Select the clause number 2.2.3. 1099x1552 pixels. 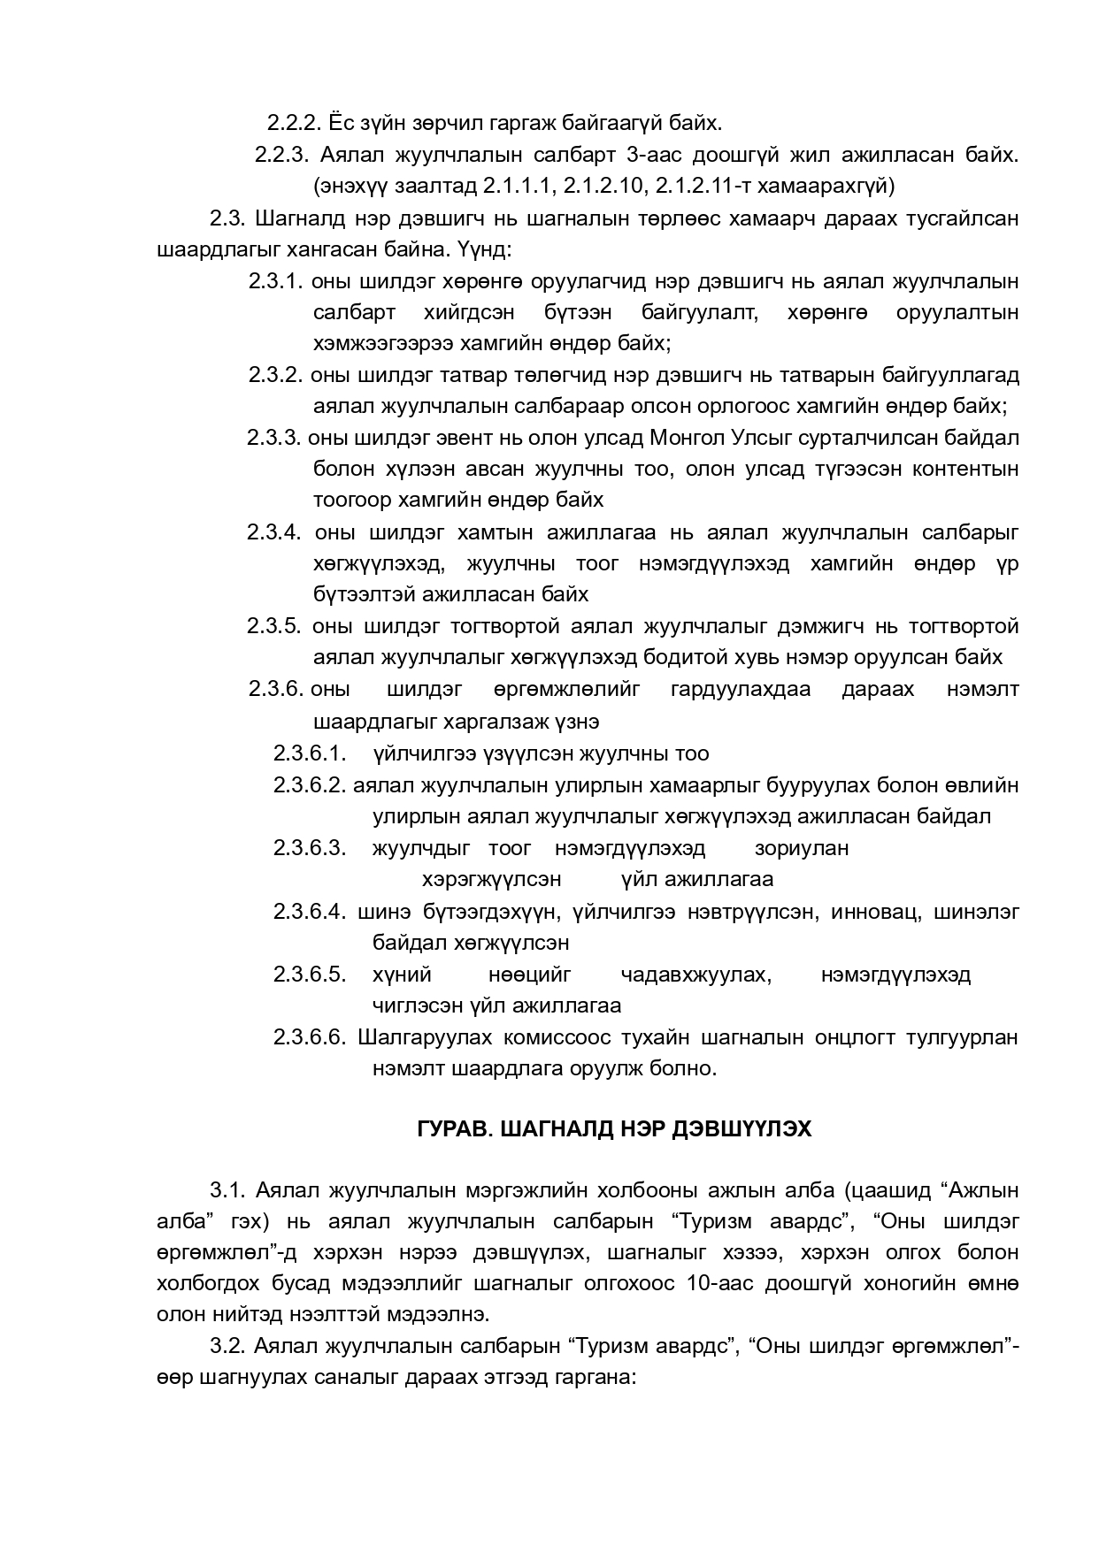pos(281,155)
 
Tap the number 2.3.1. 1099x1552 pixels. pos(275,282)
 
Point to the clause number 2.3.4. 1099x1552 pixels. pos(274,532)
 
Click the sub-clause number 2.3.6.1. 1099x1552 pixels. pos(308,753)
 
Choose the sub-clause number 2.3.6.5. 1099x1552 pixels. pos(309,975)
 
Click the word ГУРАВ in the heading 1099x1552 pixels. pos(448,1129)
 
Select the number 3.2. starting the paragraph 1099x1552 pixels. pos(227,1346)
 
